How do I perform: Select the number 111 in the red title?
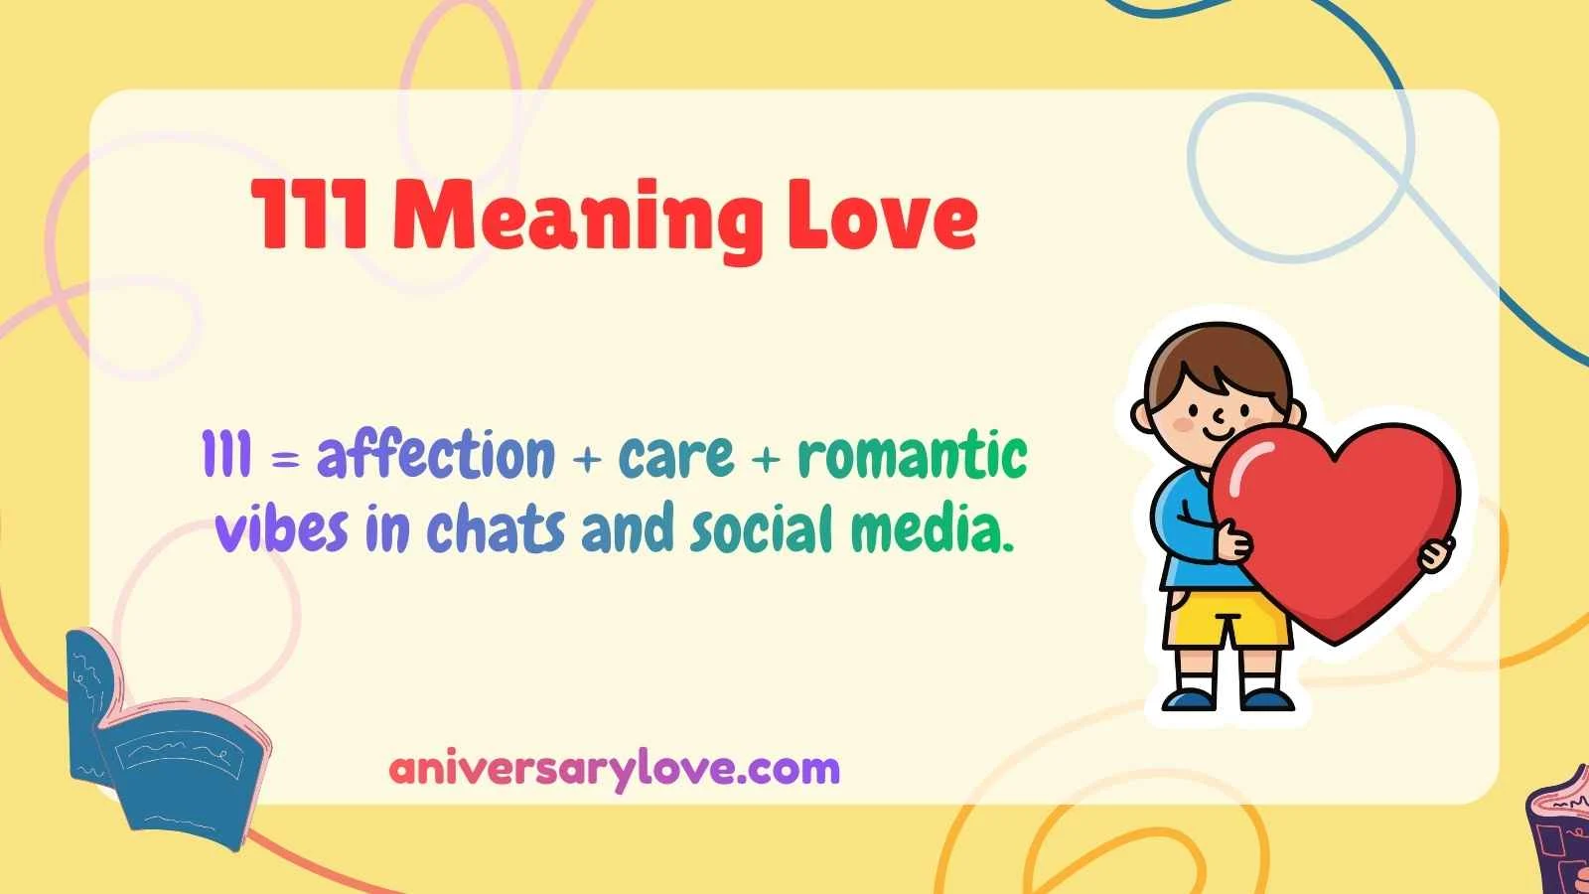311,216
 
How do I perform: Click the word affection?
435,455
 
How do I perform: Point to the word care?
676,456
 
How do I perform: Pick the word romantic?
912,455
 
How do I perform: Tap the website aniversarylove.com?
614,769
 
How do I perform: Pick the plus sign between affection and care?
587,460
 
